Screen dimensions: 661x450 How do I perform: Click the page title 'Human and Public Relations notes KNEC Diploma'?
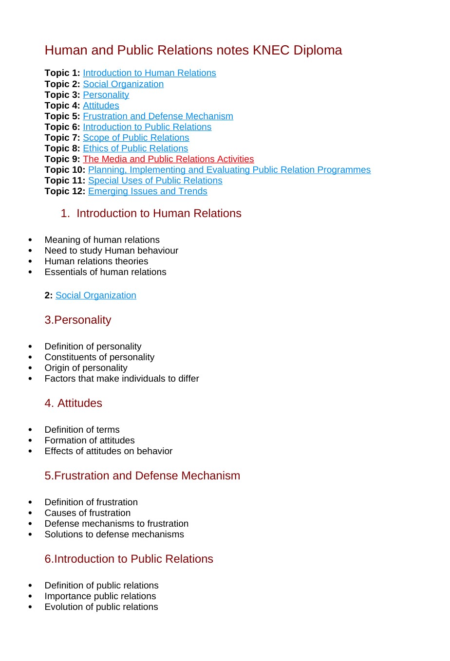click(x=193, y=50)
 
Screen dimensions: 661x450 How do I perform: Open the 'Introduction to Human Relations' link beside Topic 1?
click(x=149, y=73)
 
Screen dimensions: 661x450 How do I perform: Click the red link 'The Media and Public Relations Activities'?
click(x=168, y=159)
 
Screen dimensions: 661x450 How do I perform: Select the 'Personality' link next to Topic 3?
click(x=106, y=95)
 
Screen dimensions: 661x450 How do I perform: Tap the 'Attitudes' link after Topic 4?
click(x=101, y=106)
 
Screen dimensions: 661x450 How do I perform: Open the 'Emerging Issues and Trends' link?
click(x=148, y=191)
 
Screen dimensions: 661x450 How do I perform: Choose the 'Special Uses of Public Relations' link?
click(x=155, y=181)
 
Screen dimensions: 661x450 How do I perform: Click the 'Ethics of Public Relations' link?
click(x=135, y=148)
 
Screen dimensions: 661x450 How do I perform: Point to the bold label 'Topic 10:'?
click(x=65, y=170)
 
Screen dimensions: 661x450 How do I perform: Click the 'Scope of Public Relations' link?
click(x=136, y=138)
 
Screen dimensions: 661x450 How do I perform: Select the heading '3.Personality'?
click(x=78, y=320)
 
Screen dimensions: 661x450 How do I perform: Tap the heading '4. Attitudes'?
click(x=74, y=403)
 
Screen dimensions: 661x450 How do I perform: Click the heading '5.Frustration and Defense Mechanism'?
click(x=142, y=476)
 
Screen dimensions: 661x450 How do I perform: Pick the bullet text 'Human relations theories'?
click(x=96, y=261)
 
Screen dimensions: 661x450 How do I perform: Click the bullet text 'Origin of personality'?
click(x=86, y=368)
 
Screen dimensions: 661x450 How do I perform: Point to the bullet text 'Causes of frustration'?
click(x=88, y=513)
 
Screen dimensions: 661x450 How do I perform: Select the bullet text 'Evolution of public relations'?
click(x=101, y=607)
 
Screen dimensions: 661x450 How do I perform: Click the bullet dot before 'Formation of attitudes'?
click(x=30, y=441)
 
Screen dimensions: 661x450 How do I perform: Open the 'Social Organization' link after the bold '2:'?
click(x=95, y=295)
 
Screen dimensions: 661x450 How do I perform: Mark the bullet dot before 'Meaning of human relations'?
click(x=30, y=240)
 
